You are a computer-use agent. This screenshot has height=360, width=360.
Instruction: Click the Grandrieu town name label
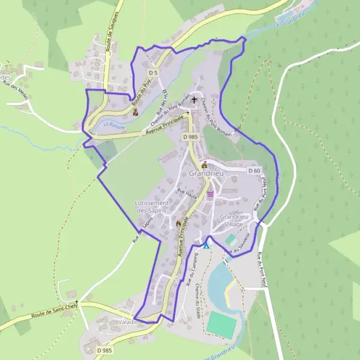click(x=205, y=173)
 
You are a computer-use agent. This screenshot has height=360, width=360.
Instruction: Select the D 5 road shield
click(x=153, y=73)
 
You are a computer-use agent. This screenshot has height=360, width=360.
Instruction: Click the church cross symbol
click(x=194, y=100)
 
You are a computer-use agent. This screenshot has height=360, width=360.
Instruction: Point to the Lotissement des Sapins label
click(x=155, y=207)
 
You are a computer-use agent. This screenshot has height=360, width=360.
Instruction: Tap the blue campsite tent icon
click(x=206, y=245)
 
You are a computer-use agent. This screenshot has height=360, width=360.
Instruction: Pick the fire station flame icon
click(x=178, y=224)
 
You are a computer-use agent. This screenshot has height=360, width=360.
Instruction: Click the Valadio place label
click(x=128, y=322)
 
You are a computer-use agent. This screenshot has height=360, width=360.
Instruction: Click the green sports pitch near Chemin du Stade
click(x=221, y=324)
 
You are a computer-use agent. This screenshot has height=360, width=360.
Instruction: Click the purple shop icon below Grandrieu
click(x=210, y=194)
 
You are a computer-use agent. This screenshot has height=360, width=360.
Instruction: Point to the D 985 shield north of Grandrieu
click(x=190, y=137)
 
